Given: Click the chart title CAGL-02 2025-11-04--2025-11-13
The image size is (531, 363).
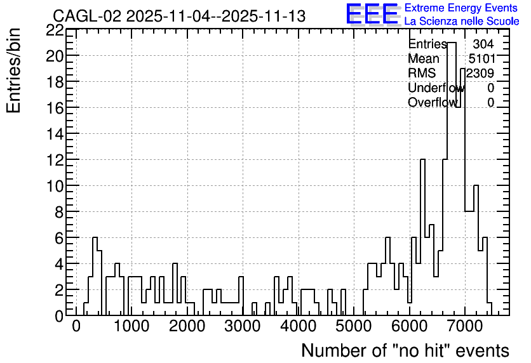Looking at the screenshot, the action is (x=179, y=16).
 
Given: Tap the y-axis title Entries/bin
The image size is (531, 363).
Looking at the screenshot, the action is (x=13, y=70).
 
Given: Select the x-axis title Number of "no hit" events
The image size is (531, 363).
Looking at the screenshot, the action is (x=405, y=350).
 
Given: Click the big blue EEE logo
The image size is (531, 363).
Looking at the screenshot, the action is (x=372, y=14).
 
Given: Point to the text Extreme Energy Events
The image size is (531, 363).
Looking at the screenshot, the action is (x=461, y=8).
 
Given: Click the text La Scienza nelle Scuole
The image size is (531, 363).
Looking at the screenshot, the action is (x=462, y=21).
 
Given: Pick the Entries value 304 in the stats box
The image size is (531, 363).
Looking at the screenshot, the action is (x=483, y=44).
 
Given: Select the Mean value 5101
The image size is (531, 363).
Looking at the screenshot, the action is (x=481, y=58).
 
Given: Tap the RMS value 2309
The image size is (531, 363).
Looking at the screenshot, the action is (x=480, y=73).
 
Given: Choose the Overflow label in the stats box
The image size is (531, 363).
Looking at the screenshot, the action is (x=433, y=102).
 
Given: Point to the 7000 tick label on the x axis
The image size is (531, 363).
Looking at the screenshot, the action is (x=465, y=326).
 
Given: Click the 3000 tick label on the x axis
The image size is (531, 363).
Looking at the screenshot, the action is (x=243, y=326).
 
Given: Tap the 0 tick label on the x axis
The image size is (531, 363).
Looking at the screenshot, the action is (x=76, y=326).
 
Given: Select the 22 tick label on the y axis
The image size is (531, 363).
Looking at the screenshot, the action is (x=55, y=30).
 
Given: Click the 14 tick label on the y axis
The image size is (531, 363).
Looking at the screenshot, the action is (x=55, y=134).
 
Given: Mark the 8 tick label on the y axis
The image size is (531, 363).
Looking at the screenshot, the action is (x=59, y=212).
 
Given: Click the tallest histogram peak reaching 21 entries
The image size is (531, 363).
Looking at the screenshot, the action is (x=452, y=43).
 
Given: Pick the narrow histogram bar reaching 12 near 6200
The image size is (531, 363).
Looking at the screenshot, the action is (x=422, y=159).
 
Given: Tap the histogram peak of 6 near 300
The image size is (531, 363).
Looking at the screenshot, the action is (x=95, y=237).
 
